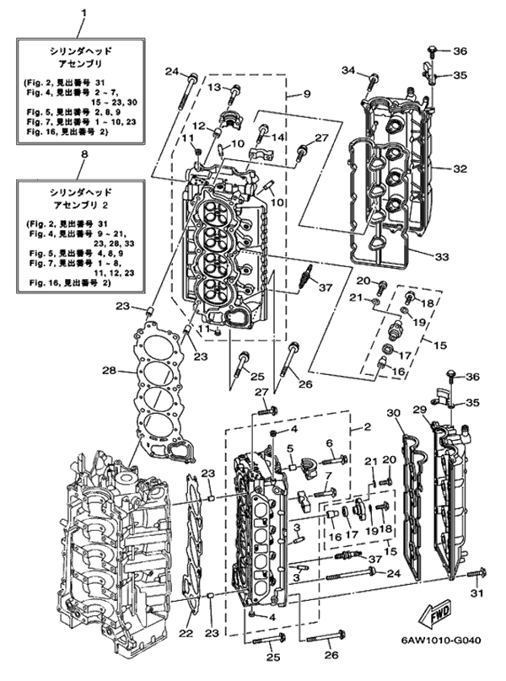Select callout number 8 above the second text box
(x=83, y=155)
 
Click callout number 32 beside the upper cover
(x=459, y=169)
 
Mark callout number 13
(x=213, y=88)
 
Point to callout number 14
(x=278, y=137)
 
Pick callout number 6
(x=329, y=442)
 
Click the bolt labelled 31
(x=472, y=576)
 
